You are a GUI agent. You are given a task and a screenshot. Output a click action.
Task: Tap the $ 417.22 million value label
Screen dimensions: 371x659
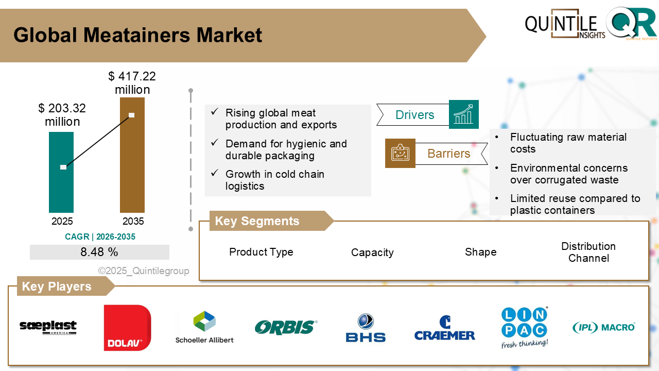pyautogui.click(x=132, y=83)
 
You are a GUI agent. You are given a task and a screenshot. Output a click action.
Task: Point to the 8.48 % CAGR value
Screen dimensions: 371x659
pyautogui.click(x=99, y=252)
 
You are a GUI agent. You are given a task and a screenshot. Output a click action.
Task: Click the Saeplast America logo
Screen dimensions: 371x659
pyautogui.click(x=48, y=327)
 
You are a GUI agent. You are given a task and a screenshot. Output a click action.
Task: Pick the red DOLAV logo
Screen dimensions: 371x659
pyautogui.click(x=127, y=328)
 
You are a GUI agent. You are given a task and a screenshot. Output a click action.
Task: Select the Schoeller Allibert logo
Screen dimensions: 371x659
pyautogui.click(x=204, y=327)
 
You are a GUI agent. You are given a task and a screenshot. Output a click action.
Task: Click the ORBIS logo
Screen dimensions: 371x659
pyautogui.click(x=286, y=327)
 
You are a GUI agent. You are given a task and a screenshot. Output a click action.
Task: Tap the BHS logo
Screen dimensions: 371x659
pyautogui.click(x=366, y=328)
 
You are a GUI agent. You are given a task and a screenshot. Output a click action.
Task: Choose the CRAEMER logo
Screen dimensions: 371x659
pyautogui.click(x=444, y=329)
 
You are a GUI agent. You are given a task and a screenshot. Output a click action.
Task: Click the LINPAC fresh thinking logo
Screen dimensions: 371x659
pyautogui.click(x=524, y=328)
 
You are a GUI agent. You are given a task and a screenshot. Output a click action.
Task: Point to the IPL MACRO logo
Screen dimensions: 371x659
pyautogui.click(x=603, y=327)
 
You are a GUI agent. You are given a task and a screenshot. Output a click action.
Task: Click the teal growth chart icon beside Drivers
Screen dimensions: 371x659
pyautogui.click(x=463, y=114)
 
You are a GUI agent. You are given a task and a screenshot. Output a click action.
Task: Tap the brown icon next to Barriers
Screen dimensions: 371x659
pyautogui.click(x=400, y=153)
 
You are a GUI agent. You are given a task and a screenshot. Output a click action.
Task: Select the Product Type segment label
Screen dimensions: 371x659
pyautogui.click(x=261, y=252)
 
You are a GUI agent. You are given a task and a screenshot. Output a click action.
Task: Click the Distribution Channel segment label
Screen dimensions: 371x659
pyautogui.click(x=588, y=252)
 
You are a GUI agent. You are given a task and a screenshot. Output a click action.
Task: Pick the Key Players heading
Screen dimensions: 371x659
pyautogui.click(x=57, y=286)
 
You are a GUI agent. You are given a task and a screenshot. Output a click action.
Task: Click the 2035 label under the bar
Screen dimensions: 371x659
pyautogui.click(x=133, y=222)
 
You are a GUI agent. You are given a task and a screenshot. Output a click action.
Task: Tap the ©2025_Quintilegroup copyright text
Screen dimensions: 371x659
pyautogui.click(x=144, y=271)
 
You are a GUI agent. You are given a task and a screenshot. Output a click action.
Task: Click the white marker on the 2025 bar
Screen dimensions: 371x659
pyautogui.click(x=63, y=167)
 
